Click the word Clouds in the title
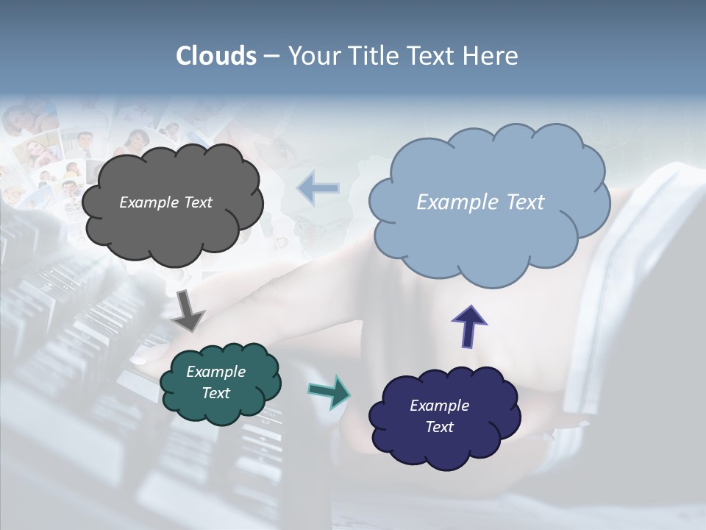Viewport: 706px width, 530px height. (216, 56)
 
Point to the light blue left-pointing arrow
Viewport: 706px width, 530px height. (318, 188)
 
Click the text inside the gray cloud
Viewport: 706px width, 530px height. (165, 202)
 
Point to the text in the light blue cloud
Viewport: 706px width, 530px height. (480, 202)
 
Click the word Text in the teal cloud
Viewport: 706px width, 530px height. (215, 393)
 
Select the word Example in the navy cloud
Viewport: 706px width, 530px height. (439, 406)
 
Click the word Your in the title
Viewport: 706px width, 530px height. (311, 56)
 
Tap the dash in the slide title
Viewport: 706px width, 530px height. (271, 56)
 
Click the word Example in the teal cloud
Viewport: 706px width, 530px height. (215, 372)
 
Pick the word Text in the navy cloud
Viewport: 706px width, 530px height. (439, 427)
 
